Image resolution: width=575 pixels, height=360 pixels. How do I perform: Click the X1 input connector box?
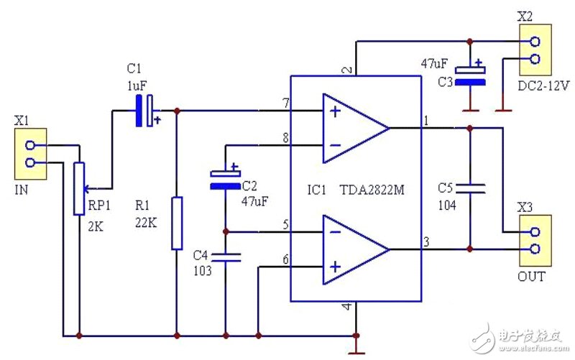point(31,154)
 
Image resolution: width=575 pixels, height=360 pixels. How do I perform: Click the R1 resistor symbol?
point(177,223)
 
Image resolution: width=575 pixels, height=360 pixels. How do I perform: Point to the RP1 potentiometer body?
point(78,188)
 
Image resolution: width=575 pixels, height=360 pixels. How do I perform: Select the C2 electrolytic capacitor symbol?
point(224,180)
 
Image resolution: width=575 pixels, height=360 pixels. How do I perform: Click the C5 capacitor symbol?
point(470,188)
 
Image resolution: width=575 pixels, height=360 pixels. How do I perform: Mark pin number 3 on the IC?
point(425,242)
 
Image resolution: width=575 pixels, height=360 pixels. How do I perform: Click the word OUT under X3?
point(531,277)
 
